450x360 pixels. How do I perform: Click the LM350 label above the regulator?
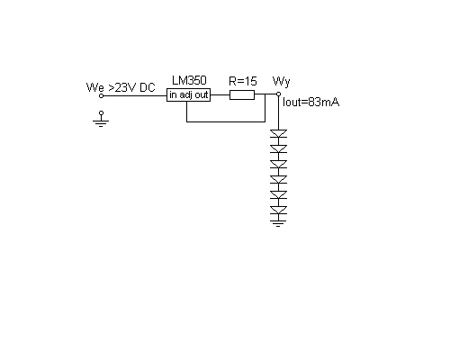click(189, 80)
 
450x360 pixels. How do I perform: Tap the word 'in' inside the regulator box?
click(173, 94)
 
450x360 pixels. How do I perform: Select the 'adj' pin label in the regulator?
click(186, 95)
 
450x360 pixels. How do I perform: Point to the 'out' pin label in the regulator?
click(202, 95)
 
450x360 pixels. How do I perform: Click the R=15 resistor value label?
click(243, 81)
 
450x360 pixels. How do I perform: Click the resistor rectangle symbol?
click(242, 95)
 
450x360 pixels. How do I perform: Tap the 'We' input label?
click(95, 87)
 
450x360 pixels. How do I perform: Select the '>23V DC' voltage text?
click(131, 87)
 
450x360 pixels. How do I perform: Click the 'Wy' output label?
click(282, 82)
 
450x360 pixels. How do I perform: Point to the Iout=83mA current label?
click(311, 103)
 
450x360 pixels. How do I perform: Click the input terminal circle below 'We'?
click(101, 96)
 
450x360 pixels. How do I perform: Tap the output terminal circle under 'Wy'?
click(278, 94)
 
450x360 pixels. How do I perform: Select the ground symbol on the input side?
click(101, 120)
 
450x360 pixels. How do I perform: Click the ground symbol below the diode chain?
click(278, 223)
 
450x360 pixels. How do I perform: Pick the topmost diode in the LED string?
click(278, 134)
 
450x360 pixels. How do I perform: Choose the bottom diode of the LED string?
click(278, 211)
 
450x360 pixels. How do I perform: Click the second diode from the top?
click(278, 149)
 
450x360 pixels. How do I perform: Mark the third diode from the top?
click(278, 165)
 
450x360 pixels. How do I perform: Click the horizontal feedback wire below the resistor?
click(226, 121)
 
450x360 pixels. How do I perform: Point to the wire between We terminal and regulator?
click(135, 96)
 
